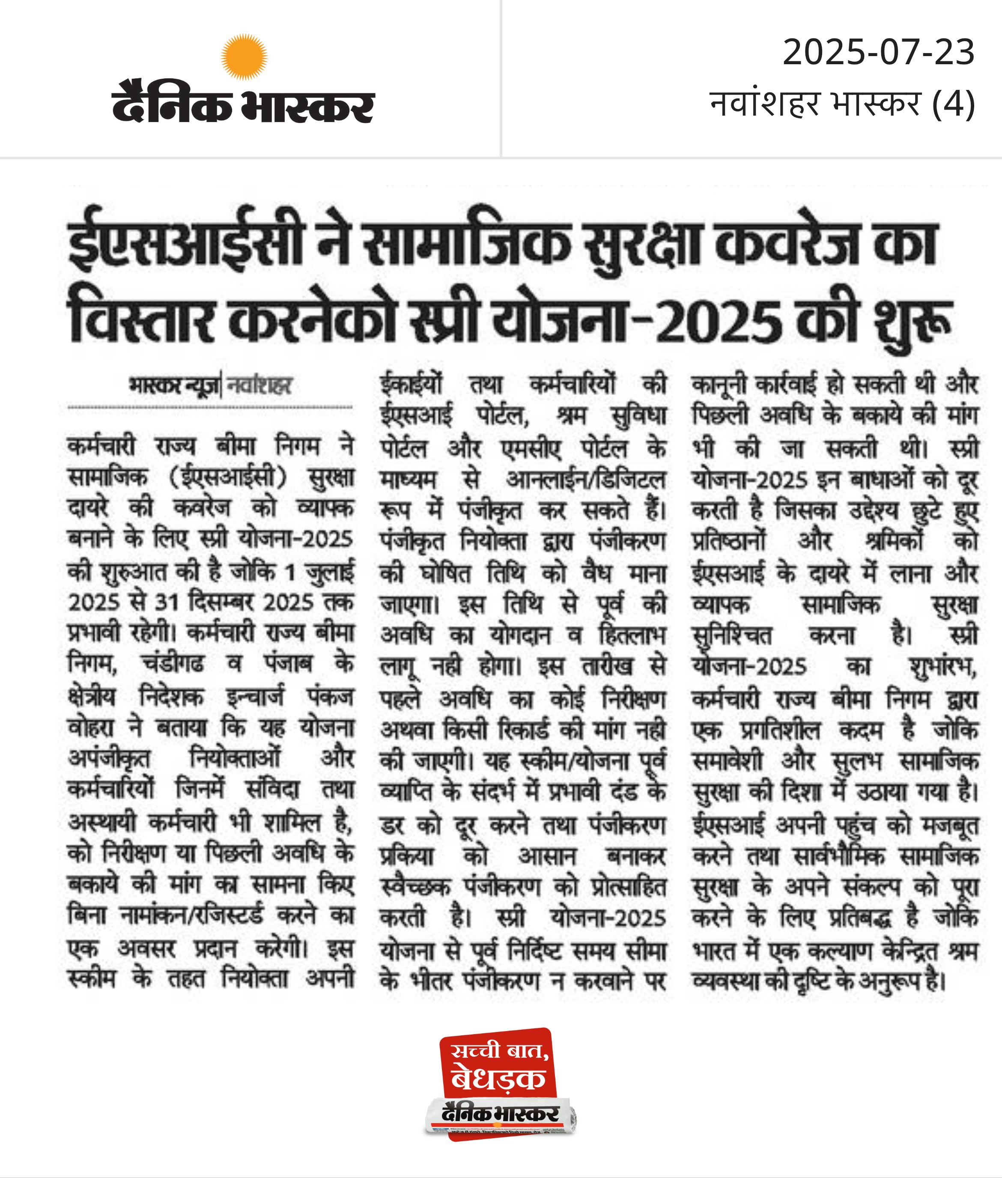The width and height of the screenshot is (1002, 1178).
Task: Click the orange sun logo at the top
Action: click(x=244, y=56)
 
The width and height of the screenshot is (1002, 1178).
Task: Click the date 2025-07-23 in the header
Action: click(x=878, y=52)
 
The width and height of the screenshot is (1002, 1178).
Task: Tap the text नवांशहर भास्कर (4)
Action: click(x=842, y=104)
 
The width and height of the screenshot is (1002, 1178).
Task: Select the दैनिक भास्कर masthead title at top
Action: click(x=243, y=103)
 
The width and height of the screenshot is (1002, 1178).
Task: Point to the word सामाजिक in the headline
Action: click(x=466, y=244)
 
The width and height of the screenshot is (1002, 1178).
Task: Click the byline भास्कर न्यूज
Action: click(x=174, y=386)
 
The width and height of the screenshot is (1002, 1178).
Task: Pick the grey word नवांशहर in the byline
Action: click(x=259, y=386)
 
